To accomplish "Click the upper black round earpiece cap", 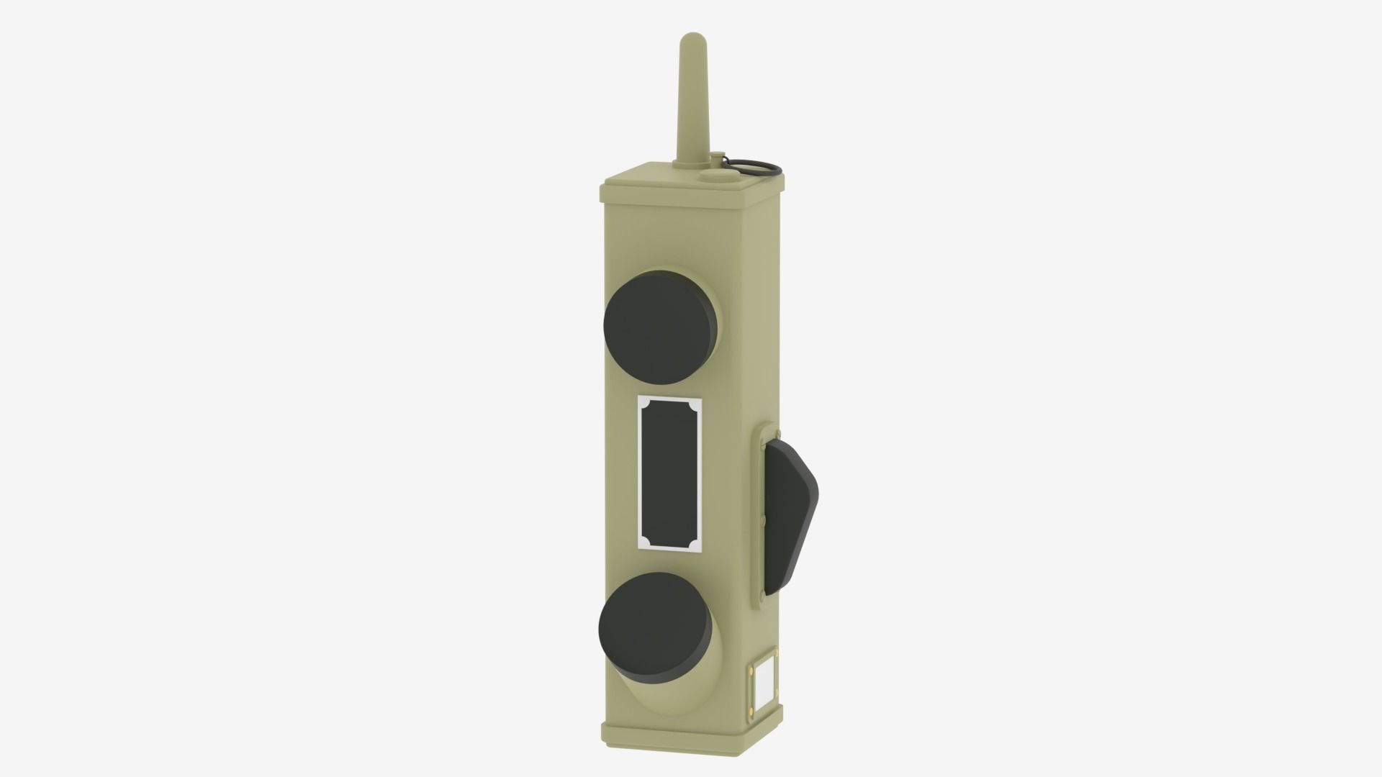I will click(x=659, y=326).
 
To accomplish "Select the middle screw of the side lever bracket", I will click(x=762, y=517).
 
